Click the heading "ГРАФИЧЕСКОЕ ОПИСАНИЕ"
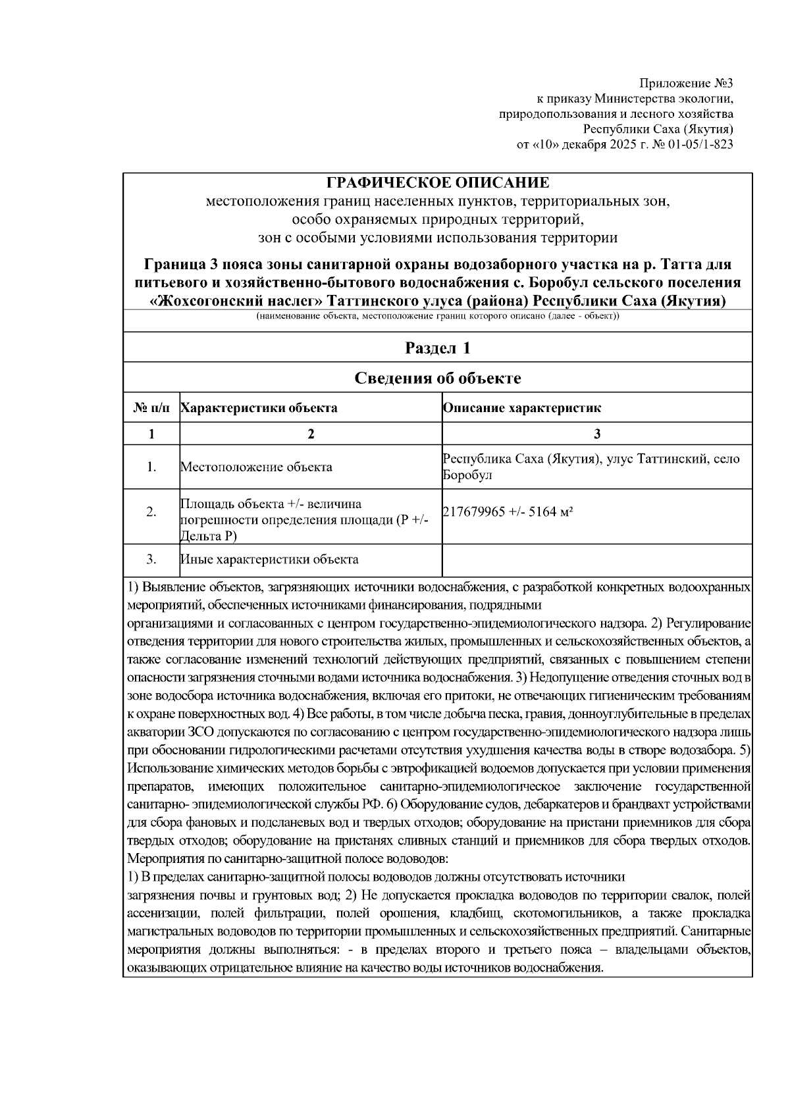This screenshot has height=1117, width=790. pyautogui.click(x=438, y=182)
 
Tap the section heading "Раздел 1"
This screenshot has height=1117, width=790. pyautogui.click(x=438, y=348)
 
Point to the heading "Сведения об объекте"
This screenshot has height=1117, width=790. pyautogui.click(x=438, y=378)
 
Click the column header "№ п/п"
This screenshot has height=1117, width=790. pyautogui.click(x=151, y=407)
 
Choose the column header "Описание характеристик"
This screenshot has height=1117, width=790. pyautogui.click(x=522, y=407)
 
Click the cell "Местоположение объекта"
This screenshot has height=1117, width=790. pyautogui.click(x=256, y=467)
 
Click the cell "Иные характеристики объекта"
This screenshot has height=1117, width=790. pyautogui.click(x=269, y=559)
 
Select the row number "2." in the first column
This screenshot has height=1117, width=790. pyautogui.click(x=151, y=513)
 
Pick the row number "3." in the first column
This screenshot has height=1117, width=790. pyautogui.click(x=151, y=559)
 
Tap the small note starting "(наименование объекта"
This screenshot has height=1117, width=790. pyautogui.click(x=438, y=317)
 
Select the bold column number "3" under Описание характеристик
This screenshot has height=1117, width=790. pyautogui.click(x=596, y=434)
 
